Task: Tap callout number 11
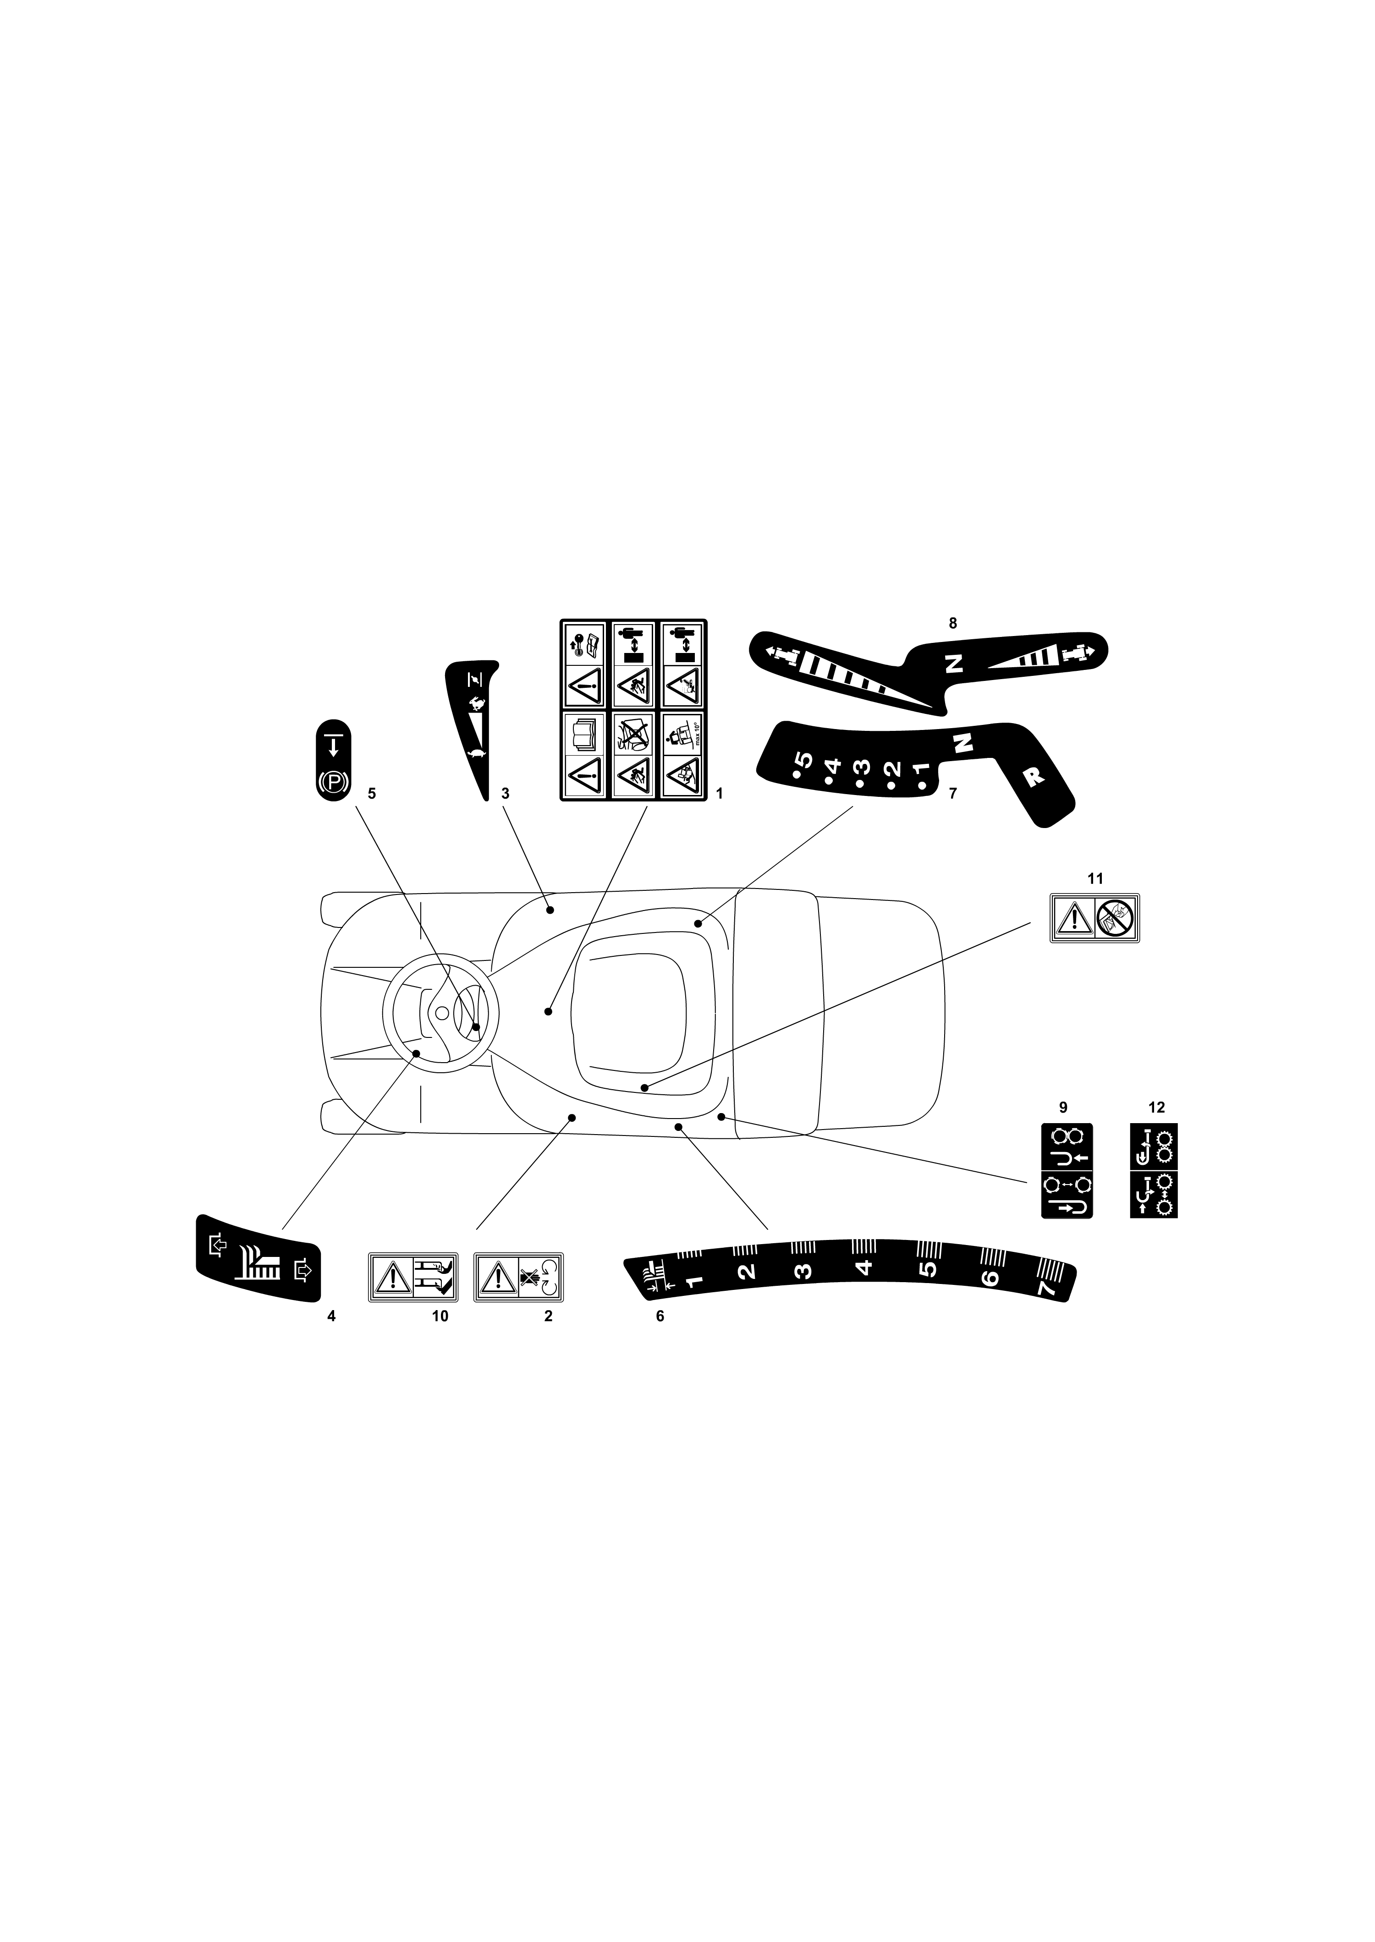pos(1095,879)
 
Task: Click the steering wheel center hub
pos(442,1013)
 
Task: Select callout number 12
pos(1156,1107)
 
